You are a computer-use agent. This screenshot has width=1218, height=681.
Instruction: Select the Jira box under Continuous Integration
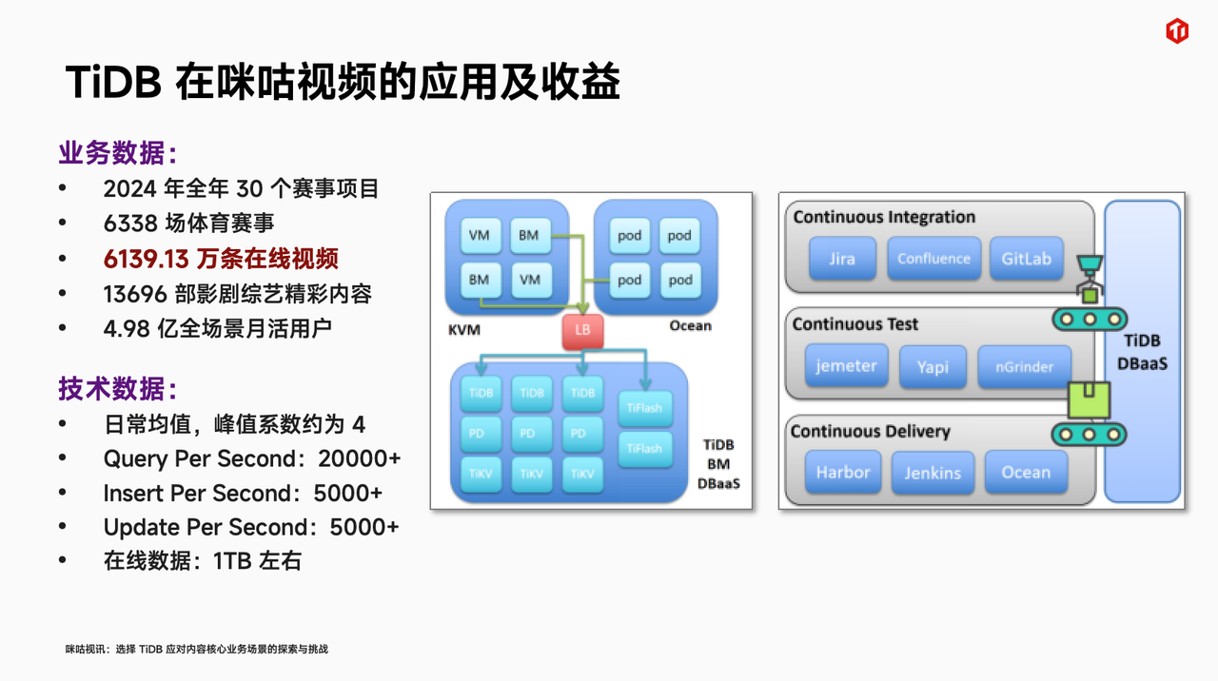click(x=841, y=259)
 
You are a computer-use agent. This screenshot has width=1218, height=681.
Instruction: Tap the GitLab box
click(x=1026, y=259)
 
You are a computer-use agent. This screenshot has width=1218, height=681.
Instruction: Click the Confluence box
click(x=933, y=259)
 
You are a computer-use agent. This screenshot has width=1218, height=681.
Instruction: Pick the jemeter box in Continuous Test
click(x=846, y=365)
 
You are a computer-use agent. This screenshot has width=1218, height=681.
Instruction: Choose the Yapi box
click(x=933, y=367)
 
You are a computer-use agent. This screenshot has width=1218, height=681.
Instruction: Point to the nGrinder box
click(x=1023, y=367)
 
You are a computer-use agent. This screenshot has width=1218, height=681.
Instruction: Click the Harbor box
click(x=842, y=473)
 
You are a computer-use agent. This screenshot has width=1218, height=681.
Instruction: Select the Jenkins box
click(x=933, y=473)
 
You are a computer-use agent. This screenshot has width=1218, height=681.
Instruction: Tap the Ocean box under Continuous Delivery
click(x=1026, y=473)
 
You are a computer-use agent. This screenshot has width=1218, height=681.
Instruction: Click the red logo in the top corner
click(x=1177, y=31)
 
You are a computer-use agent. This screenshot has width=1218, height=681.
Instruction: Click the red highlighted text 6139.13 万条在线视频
click(x=221, y=259)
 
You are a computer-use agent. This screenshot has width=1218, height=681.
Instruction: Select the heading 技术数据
click(x=117, y=389)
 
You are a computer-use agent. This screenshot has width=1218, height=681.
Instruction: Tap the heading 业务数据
click(x=117, y=153)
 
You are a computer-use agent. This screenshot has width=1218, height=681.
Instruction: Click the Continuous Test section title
click(x=855, y=324)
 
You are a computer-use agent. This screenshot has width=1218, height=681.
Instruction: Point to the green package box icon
click(x=1089, y=400)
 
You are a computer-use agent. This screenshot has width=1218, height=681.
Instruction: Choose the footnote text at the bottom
click(x=197, y=649)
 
